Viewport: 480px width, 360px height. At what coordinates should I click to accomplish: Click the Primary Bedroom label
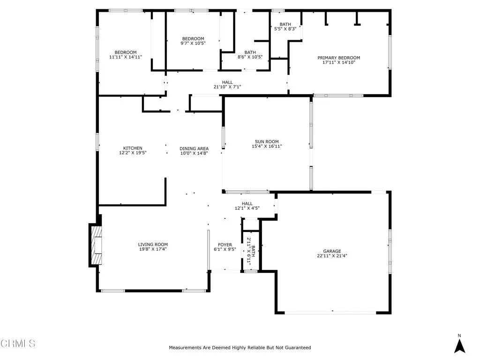pos(339,58)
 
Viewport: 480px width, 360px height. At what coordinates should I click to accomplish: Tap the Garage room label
pos(332,251)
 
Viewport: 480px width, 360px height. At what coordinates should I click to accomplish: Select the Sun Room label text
pos(267,142)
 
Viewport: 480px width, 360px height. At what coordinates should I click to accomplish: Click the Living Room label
pos(153,244)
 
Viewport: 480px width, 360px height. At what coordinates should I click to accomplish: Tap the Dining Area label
pos(194,148)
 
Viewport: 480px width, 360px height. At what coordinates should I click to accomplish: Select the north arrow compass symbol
pos(460,344)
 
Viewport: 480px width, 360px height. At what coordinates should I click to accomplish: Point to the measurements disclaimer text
pos(240,348)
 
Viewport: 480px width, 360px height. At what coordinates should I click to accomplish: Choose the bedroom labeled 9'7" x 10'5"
pos(194,41)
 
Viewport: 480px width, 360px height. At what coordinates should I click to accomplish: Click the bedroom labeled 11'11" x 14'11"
pos(126,54)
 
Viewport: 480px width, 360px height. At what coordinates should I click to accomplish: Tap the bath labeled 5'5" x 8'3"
pos(285,26)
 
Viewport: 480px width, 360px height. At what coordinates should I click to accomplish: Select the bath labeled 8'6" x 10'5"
pos(250,55)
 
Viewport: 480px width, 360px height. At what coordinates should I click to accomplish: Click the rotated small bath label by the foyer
pos(251,251)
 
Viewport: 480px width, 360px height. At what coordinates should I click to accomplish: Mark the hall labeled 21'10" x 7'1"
pos(227,84)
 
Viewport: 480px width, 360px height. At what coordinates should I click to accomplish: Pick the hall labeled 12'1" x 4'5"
pos(247,206)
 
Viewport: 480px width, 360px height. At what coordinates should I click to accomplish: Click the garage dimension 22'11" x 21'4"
pos(332,256)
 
